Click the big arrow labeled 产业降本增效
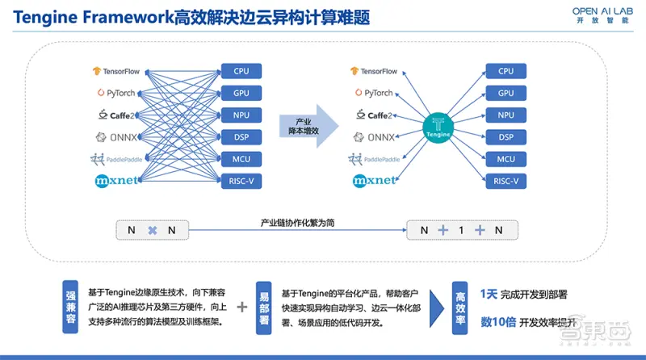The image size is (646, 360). click(x=305, y=125)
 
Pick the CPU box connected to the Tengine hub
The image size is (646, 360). click(x=505, y=71)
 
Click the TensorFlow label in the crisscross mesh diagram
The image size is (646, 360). click(x=122, y=71)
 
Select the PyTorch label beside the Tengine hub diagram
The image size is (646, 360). click(x=373, y=93)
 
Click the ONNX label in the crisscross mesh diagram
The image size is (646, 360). click(x=121, y=137)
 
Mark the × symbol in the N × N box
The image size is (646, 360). click(x=151, y=230)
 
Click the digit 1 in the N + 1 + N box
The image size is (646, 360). click(x=460, y=230)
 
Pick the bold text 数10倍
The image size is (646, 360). click(x=497, y=321)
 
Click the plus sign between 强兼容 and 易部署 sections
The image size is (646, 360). click(x=242, y=308)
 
